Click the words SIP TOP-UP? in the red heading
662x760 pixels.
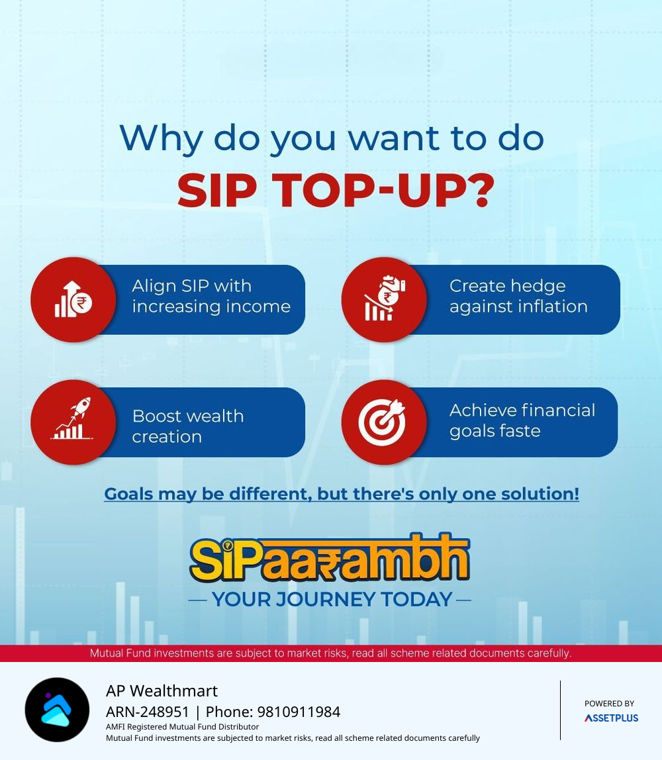coord(336,191)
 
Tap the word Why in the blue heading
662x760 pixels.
coord(161,139)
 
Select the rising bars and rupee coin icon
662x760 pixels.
coord(73,299)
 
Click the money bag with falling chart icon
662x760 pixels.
coord(385,298)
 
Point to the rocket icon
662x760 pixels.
coord(72,418)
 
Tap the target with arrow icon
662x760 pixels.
coord(382,422)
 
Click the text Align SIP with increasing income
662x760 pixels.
coord(211,296)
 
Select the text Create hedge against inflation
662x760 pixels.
coord(518,296)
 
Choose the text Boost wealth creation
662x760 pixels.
coord(188,426)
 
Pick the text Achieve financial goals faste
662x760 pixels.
coord(522,421)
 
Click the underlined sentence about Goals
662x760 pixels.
coord(342,494)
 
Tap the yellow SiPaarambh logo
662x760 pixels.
coord(330,558)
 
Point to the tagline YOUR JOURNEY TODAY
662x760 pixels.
coord(332,600)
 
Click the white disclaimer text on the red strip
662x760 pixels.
coord(330,653)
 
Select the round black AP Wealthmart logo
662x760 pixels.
coord(57,710)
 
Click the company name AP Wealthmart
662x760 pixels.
coord(162,690)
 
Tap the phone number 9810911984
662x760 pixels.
coord(299,712)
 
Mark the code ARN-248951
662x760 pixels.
coord(148,712)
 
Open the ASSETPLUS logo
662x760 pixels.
coord(611,718)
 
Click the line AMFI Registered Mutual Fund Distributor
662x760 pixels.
coord(182,726)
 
